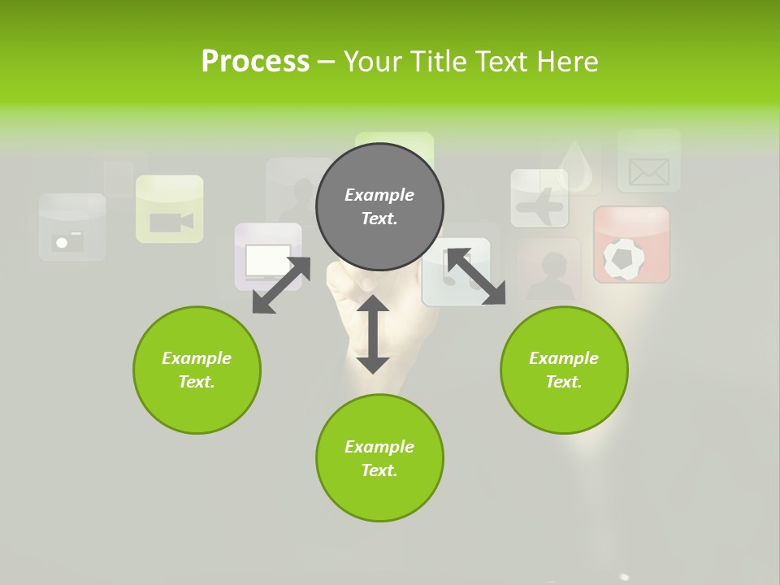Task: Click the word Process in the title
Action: pos(255,61)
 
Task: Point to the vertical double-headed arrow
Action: pos(373,334)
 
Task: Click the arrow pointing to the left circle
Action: pos(281,284)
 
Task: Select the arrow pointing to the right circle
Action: pos(476,276)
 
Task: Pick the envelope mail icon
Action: pos(648,171)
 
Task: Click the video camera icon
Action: pos(170,221)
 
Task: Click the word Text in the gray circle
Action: pos(379,219)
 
